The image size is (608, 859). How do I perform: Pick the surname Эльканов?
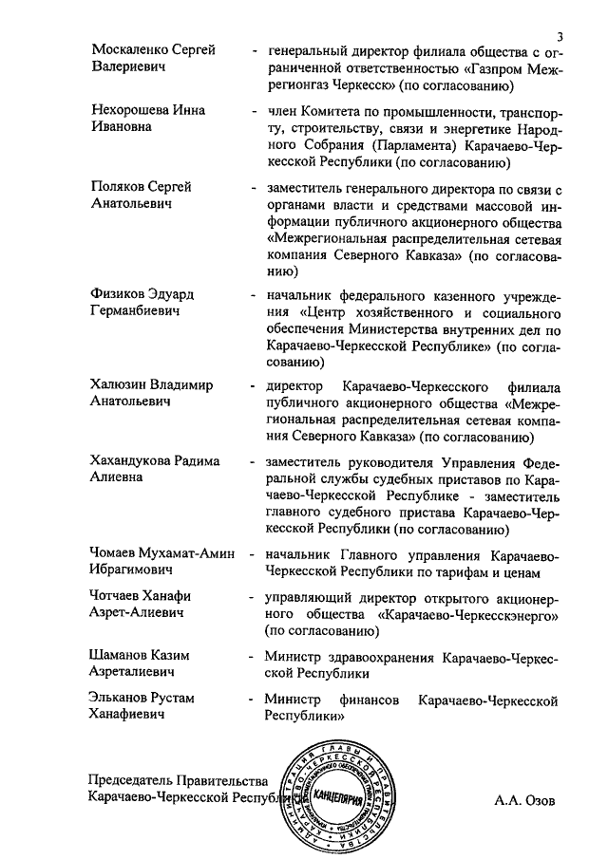click(x=122, y=699)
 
